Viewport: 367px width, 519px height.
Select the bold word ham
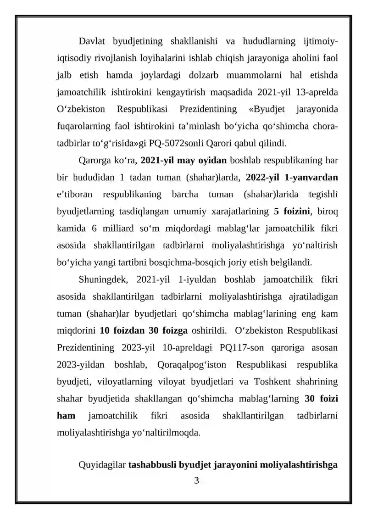(66, 415)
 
